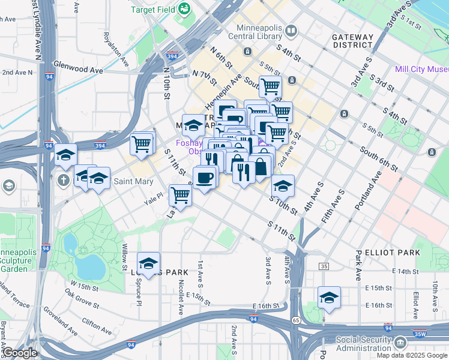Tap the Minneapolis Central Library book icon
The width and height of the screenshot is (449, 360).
(291, 30)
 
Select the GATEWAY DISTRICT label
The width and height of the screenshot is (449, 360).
(352, 41)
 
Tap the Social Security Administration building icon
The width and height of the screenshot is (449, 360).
(400, 343)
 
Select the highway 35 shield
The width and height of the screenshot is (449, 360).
(324, 266)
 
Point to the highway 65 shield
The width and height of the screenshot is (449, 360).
(297, 320)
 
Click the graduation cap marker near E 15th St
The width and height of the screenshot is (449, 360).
(329, 298)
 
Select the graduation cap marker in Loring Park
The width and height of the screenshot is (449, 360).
(148, 263)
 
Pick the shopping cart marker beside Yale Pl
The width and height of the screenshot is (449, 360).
(180, 194)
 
